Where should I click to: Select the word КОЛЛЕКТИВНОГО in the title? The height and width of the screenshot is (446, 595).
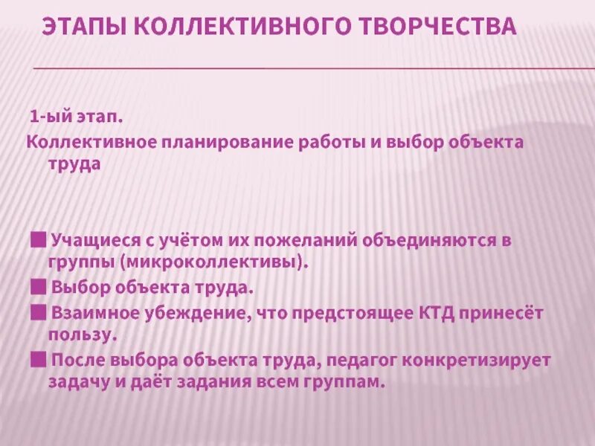coord(244,28)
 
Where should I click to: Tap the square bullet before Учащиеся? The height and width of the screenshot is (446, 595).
coord(38,240)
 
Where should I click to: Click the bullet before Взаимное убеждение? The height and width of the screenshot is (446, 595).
coord(38,311)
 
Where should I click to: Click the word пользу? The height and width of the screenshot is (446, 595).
coord(83,334)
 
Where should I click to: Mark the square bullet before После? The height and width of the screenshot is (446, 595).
coord(38,360)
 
